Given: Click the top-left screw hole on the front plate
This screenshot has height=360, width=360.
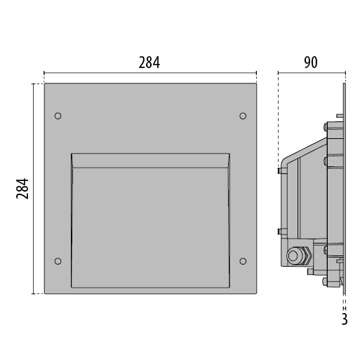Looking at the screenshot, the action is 58,116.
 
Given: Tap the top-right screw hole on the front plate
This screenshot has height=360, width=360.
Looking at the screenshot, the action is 243,116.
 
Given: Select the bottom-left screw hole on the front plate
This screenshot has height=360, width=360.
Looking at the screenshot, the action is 58,261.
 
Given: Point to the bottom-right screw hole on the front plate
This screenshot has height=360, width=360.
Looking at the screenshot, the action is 243,261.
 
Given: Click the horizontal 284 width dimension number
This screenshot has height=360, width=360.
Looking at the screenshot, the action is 149,62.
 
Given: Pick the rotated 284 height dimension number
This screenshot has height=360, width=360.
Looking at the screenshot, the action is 22,189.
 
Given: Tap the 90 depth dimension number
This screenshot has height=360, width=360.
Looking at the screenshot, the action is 311,62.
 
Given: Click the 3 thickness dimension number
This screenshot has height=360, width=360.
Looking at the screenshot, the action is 345,319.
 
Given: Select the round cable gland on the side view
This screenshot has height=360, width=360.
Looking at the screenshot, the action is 293,255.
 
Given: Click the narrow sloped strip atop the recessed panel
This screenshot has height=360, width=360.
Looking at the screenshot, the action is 150,161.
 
